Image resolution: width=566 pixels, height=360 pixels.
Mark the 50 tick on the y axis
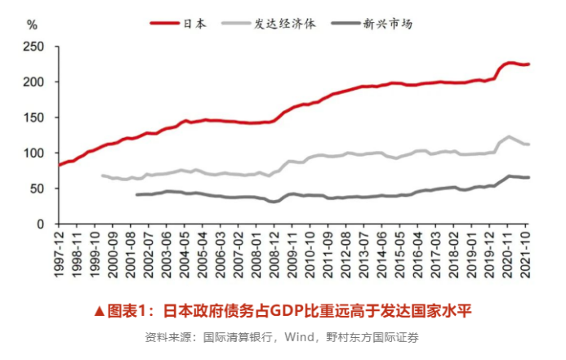(36, 188)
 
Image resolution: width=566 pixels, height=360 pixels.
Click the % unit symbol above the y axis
(32, 24)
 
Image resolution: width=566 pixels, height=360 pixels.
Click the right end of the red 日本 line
(528, 64)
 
